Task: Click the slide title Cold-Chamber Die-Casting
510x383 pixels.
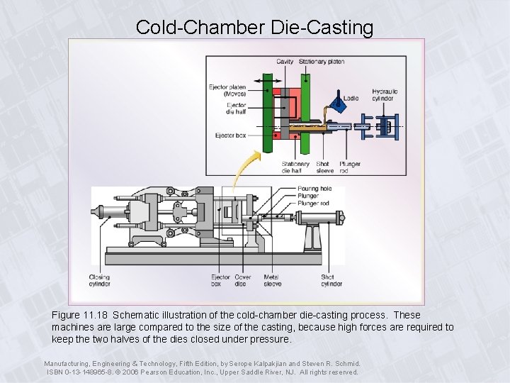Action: click(254, 28)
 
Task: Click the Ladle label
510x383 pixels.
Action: click(351, 99)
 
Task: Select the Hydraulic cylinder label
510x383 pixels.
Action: click(385, 94)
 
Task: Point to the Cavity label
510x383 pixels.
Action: click(285, 62)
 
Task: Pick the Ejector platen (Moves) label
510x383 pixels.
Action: click(227, 90)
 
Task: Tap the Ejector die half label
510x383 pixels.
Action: click(236, 109)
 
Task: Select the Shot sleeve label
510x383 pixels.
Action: click(324, 167)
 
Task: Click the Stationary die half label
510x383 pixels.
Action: click(295, 167)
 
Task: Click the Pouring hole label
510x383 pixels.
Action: click(314, 189)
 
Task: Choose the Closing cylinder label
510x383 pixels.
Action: click(100, 280)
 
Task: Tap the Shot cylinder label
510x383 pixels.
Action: click(331, 280)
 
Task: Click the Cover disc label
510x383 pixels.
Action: click(243, 280)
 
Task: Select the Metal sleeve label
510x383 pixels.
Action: click(272, 280)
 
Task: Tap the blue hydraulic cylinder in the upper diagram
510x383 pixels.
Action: click(380, 128)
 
